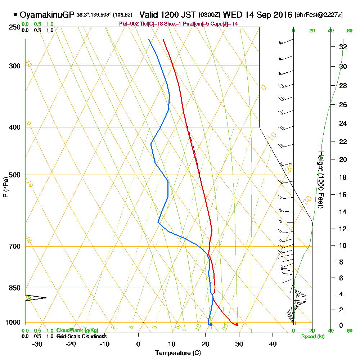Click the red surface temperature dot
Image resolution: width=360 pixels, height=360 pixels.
237,325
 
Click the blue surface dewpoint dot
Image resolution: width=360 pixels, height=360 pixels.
211,325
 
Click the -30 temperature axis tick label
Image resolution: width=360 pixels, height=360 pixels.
37,344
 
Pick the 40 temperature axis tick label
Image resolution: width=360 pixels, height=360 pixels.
273,344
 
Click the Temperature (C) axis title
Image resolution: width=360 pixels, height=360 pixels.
178,353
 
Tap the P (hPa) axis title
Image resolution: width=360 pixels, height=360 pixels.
5,187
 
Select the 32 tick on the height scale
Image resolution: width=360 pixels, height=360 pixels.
343,47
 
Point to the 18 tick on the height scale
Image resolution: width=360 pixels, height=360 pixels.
343,177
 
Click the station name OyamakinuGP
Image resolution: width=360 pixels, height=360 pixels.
47,15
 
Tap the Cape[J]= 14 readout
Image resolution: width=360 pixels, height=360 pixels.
227,24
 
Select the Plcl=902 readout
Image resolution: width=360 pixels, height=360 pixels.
129,24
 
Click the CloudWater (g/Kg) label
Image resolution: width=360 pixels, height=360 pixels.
77,330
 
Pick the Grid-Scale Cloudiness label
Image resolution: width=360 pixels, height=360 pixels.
81,336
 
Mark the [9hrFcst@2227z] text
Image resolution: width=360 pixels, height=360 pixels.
318,15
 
